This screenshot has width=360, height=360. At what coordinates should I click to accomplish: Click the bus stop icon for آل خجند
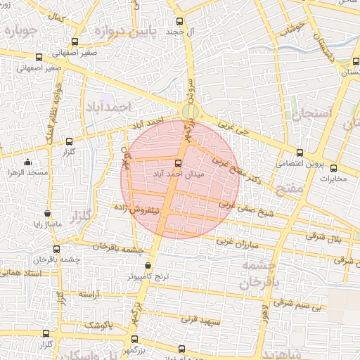[179, 21]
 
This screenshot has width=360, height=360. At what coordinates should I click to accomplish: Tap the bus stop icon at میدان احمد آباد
[177, 162]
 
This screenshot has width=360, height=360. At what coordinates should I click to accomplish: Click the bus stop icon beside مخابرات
[334, 168]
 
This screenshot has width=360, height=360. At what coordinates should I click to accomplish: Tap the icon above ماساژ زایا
[47, 213]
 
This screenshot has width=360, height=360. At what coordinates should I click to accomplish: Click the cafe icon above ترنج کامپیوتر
[148, 266]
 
